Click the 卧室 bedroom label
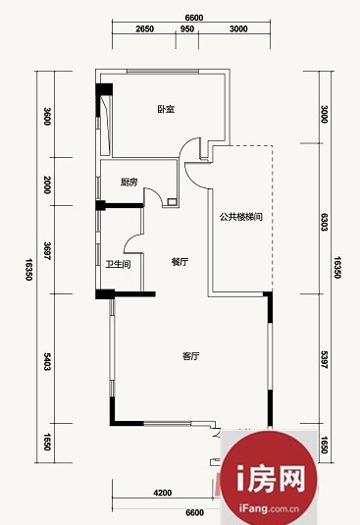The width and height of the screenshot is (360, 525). point(167,109)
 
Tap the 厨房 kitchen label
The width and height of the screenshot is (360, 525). point(129,183)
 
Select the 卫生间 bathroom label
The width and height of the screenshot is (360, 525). point(119,265)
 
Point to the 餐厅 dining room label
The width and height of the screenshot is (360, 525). point(180,261)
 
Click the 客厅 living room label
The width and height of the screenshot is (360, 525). point(190,356)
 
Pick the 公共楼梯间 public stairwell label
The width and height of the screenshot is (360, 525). point(241,217)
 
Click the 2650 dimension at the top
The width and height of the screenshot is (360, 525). point(145,28)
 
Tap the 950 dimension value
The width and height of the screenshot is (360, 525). point(187,28)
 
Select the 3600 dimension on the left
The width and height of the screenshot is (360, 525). point(47,116)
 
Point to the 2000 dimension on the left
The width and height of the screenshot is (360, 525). point(47,184)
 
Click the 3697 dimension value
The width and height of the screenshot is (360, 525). point(47,251)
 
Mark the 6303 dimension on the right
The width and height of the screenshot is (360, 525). point(324,222)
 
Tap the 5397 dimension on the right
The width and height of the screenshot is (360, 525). point(324,360)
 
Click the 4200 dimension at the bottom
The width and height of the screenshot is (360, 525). point(163,493)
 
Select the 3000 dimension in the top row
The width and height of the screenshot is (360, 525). point(238,28)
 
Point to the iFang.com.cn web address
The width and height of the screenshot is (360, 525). point(269,509)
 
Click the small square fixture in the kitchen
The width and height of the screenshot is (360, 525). point(173,202)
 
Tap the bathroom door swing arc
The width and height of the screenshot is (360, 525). point(131,240)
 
